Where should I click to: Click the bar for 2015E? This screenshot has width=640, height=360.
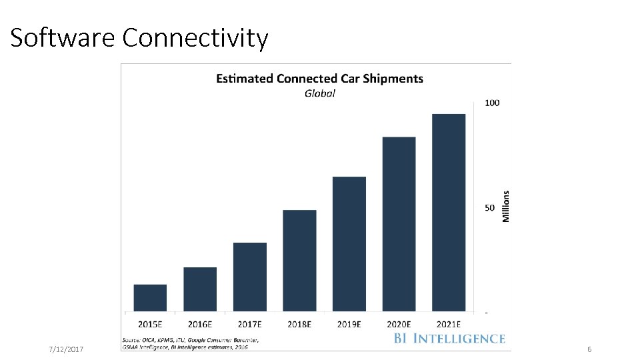tap(150, 298)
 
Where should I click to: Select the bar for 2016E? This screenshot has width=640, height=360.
tap(200, 289)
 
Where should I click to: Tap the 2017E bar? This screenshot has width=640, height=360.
tap(250, 277)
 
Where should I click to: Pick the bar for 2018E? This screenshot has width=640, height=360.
tap(299, 261)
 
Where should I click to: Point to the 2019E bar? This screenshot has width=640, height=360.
tap(349, 244)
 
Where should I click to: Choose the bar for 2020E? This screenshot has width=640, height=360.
tap(399, 224)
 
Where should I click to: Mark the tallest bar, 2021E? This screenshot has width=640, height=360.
tap(449, 213)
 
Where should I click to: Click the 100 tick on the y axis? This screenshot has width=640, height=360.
tap(492, 103)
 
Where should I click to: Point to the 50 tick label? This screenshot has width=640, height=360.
tap(490, 207)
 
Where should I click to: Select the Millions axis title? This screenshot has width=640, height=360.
tap(505, 207)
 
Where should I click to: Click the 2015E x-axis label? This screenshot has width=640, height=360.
tap(150, 324)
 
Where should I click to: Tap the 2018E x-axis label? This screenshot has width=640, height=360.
tap(299, 324)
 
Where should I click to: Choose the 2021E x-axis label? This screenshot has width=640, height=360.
tap(449, 324)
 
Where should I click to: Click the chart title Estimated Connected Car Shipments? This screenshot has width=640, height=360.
tap(319, 79)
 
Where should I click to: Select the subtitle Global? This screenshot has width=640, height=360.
tap(319, 93)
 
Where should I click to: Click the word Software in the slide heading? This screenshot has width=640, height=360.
tap(63, 38)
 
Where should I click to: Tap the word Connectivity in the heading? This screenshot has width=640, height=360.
tap(195, 38)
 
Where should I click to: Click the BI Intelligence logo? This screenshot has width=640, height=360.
tap(449, 339)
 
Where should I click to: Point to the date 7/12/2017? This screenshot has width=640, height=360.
tap(67, 350)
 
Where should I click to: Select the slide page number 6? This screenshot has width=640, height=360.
tap(589, 350)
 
